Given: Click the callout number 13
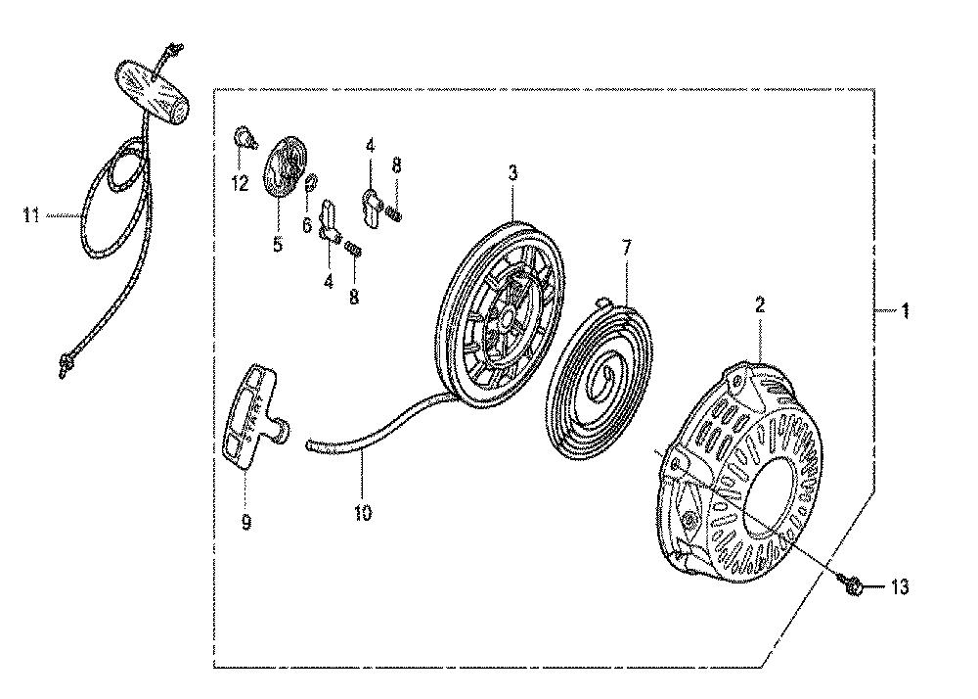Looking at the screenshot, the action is (900, 587).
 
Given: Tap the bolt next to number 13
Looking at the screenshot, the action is (853, 585).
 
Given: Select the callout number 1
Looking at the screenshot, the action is (904, 310).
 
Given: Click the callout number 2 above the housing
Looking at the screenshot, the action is (759, 305).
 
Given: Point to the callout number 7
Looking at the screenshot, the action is (626, 248).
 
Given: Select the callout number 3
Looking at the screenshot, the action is (512, 173).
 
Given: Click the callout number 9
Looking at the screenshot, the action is (246, 522).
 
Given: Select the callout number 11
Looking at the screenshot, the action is (30, 216).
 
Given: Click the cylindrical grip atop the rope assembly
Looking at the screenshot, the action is (153, 92).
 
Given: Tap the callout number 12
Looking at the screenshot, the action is (240, 183).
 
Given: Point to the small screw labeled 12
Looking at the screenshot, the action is (245, 137).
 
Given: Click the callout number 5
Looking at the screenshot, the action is (278, 244).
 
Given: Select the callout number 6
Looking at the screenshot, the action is (307, 225).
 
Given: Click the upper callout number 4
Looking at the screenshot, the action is (371, 146).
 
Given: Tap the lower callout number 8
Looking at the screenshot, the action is (354, 296).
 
